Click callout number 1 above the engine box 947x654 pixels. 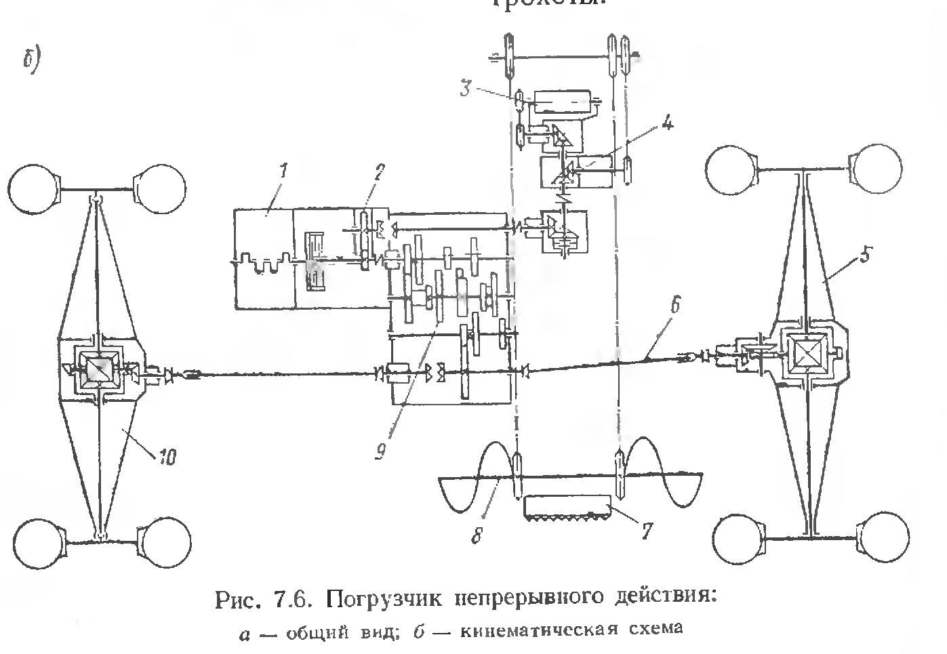click(284, 171)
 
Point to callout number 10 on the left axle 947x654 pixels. click(167, 458)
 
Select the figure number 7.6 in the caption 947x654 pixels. click(294, 599)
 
